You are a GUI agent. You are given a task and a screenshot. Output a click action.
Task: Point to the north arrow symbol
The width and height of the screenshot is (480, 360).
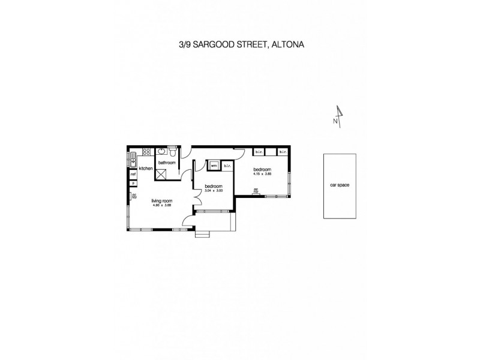point(338,116)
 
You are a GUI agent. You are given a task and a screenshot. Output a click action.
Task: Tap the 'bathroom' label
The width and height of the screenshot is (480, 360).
point(167,163)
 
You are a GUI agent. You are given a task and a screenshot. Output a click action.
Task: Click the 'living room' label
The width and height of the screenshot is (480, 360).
point(162,201)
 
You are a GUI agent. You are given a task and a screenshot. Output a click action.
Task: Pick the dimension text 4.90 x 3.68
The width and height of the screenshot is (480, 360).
point(162,206)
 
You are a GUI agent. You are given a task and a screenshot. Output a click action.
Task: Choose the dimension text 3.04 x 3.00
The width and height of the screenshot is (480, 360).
point(214,191)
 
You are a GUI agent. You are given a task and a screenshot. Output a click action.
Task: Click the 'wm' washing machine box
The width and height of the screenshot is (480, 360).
point(214,165)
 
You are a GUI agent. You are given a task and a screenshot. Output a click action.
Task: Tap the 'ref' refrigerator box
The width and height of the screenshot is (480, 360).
point(133,175)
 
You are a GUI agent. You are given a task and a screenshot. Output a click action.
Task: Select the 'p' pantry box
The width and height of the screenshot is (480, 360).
point(133,183)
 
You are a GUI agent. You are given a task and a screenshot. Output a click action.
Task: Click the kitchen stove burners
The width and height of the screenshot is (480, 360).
point(146,152)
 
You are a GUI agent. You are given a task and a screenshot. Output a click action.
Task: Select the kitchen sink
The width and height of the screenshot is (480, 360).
point(132,160)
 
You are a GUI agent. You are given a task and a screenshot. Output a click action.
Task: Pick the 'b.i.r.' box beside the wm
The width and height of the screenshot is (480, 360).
point(227,165)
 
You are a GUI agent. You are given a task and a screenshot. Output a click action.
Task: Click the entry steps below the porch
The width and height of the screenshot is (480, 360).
point(203,234)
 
